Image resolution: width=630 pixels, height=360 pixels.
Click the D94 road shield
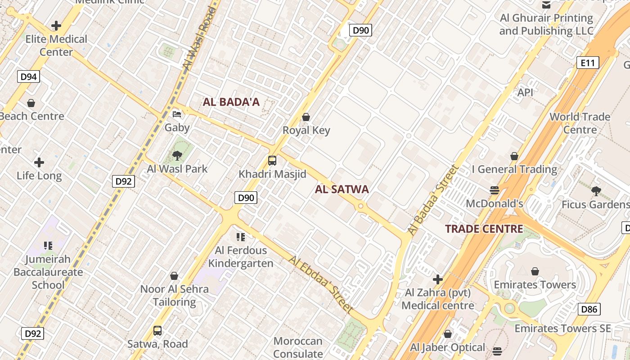29,76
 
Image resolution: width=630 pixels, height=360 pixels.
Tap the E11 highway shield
588,63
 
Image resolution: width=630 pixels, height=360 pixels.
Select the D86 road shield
589,309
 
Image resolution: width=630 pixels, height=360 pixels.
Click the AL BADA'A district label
231,102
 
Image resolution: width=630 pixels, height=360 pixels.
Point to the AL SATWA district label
342,189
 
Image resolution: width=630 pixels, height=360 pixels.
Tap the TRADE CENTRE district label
484,229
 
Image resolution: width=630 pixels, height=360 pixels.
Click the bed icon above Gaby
177,114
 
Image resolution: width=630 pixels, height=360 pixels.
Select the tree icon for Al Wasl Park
177,156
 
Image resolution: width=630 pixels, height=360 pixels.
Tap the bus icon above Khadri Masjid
272,161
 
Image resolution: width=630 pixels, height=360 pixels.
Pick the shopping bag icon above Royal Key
306,117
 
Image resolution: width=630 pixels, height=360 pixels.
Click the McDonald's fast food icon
495,190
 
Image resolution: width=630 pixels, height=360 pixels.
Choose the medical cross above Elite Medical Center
56,26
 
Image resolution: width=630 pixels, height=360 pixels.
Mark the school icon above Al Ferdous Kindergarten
241,237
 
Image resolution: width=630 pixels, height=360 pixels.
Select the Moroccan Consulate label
298,347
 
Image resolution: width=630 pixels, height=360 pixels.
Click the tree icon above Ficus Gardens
596,191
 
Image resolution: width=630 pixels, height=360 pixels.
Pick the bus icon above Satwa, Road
157,331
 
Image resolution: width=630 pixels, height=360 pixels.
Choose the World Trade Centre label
580,123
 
